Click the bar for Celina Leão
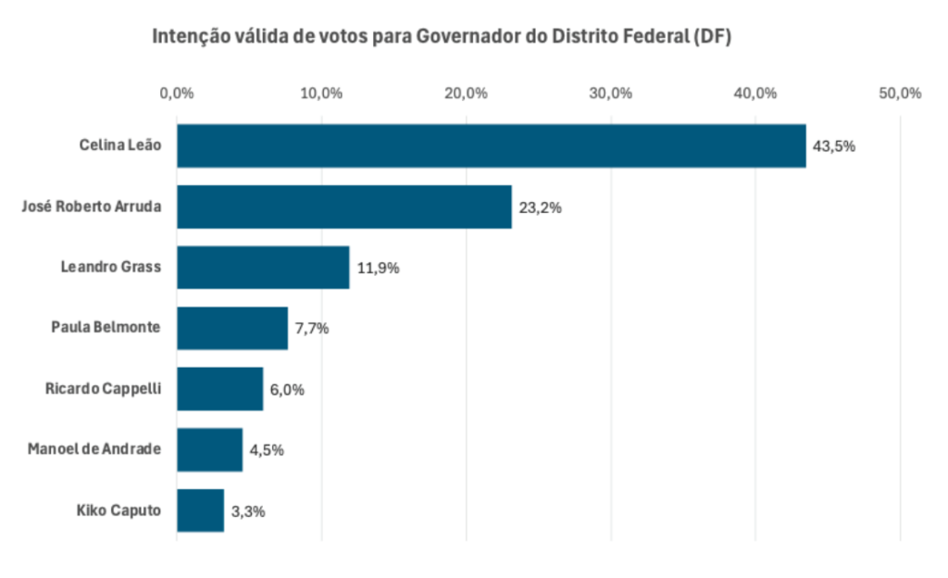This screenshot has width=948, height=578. [491, 145]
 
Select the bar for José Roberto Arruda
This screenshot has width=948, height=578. [343, 207]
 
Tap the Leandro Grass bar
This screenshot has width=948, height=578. [263, 267]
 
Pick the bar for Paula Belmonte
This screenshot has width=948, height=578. [232, 328]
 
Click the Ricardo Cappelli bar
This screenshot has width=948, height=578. [219, 389]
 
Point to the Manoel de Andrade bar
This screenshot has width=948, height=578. [209, 449]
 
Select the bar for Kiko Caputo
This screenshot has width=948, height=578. [200, 510]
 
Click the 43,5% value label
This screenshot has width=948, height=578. [833, 146]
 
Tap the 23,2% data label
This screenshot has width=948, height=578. [540, 207]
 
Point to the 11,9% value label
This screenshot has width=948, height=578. [378, 268]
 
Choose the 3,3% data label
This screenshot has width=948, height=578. [248, 511]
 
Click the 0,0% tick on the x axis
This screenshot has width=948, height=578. [176, 94]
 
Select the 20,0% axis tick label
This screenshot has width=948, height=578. [466, 94]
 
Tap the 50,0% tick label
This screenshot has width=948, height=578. [900, 94]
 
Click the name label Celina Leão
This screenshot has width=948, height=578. [120, 145]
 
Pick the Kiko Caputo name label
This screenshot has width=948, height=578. [119, 510]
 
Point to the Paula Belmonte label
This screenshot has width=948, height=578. [106, 328]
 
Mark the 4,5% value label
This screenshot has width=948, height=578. [266, 450]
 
